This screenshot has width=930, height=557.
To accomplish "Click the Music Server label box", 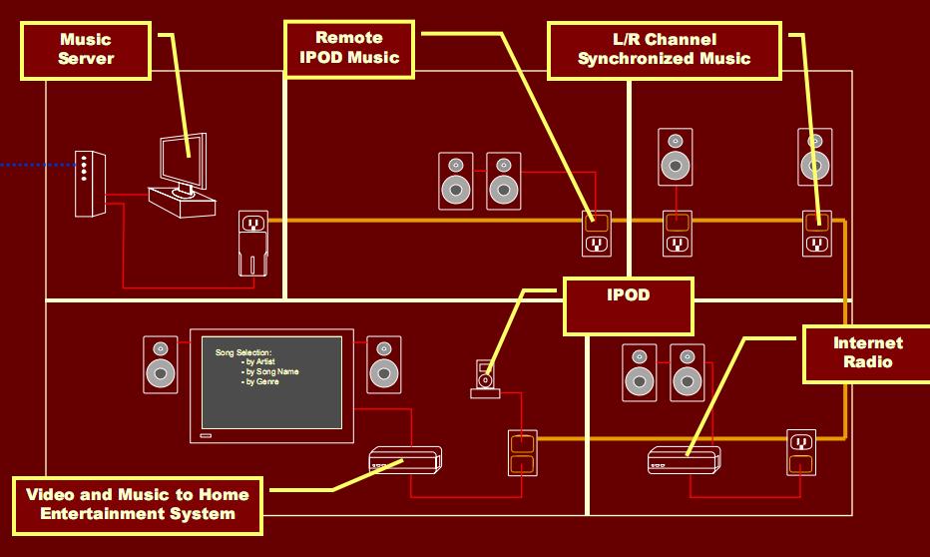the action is coord(86,51).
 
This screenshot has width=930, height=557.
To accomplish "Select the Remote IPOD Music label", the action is coord(349,49).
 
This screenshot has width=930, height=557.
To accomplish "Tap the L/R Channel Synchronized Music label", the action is coord(665,51).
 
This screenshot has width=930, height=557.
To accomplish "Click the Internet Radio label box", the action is coord(867,353).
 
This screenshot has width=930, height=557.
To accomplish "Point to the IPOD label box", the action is coord(628,306).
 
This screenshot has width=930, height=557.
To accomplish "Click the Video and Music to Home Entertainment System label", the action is coord(138,505).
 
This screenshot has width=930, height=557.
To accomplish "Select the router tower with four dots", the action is coord(90,184).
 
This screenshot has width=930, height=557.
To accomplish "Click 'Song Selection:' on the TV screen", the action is coord(243,352).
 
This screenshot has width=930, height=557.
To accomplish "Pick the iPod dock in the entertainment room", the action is coord(485,379).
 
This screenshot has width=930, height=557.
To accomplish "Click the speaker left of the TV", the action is coord(160,364).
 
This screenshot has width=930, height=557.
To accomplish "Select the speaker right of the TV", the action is coord(384,364).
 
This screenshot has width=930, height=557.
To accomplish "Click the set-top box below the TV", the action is coord(405,460).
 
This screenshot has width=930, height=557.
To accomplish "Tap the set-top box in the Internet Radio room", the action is coord(684,460).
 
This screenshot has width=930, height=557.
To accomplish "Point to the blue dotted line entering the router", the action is coord(37,165).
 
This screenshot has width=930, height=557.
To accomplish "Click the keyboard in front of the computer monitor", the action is coord(182,203).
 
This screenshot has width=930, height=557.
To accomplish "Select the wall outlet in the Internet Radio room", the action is coord(801,452).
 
